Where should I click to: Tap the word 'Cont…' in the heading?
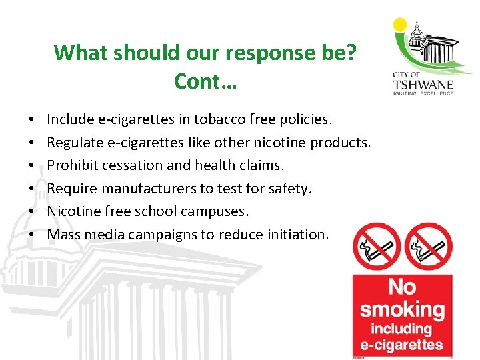click(205, 81)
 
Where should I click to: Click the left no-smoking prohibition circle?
click(376, 247)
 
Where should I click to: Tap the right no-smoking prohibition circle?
click(429, 247)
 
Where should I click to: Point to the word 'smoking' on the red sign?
click(402, 309)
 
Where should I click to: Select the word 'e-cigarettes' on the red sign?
click(402, 344)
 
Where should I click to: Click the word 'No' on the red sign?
click(402, 287)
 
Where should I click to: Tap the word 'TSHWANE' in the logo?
click(425, 85)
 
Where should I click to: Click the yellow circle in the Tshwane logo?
click(400, 25)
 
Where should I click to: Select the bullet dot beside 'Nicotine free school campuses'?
click(32, 212)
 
